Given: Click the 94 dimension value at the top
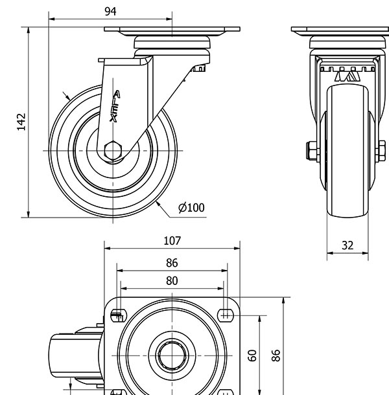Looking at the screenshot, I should pos(110,11).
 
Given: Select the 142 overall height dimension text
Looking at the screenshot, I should pos(21,122).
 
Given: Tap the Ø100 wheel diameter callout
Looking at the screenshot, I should pos(191,208).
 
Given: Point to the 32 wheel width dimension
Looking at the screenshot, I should pos(348,245).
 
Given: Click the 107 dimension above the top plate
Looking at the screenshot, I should pos(172,241).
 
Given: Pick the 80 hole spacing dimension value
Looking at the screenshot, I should pos(172,281).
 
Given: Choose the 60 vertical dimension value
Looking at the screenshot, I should pos(253,355).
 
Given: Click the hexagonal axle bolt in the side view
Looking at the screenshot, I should pos(113,150).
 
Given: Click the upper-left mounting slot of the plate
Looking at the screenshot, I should pos(118,315).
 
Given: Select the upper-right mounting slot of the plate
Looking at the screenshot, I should pos(226,315).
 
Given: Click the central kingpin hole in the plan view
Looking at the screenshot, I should pos(172,355).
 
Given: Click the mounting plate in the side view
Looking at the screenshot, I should pos(172,30).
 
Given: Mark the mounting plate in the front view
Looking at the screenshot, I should pos(340,30).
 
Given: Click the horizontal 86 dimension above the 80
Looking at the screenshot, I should pos(172,263).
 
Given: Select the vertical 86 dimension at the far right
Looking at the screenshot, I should pos(276,355).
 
